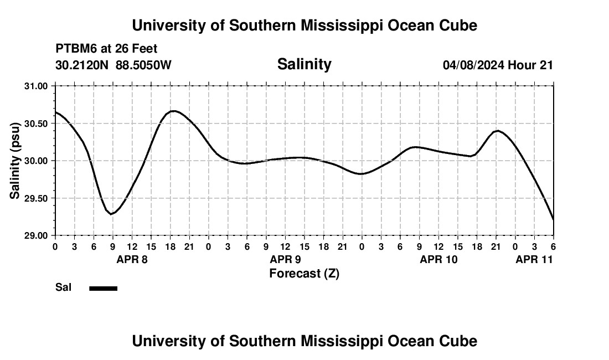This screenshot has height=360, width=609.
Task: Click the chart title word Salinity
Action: coord(304,64)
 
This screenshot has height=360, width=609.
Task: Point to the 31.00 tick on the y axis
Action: coord(36,86)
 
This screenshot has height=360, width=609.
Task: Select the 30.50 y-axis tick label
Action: coord(36,124)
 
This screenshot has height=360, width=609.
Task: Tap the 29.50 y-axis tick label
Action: coord(36,198)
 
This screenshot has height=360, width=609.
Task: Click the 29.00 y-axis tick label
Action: coord(36,236)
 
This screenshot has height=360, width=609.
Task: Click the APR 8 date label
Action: coord(132,259)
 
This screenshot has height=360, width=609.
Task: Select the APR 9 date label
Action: coord(285,259)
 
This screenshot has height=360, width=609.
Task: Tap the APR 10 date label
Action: coord(438,259)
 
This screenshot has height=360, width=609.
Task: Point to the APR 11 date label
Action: coord(534,259)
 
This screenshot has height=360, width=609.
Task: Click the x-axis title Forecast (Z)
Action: coord(304,274)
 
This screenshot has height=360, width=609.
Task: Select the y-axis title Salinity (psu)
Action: coord(15,161)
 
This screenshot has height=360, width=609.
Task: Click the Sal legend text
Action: coord(63,287)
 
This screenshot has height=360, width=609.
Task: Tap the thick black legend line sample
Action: coord(104,288)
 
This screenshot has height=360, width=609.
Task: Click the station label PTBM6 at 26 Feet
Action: coord(106,49)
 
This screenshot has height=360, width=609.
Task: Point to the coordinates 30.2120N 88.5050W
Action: coord(113,65)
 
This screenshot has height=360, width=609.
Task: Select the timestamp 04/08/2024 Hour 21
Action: coord(498,65)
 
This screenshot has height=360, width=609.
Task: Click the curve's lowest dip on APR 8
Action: coord(112,214)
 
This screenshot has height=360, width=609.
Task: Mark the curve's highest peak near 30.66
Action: coord(174,111)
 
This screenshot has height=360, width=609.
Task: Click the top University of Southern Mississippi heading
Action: coord(304,25)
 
